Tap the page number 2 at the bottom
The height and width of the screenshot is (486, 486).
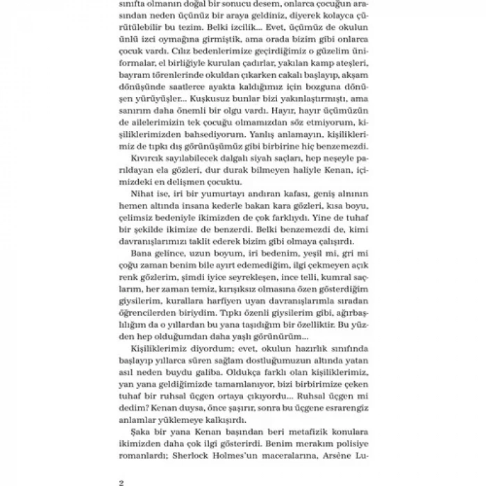click(121, 480)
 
